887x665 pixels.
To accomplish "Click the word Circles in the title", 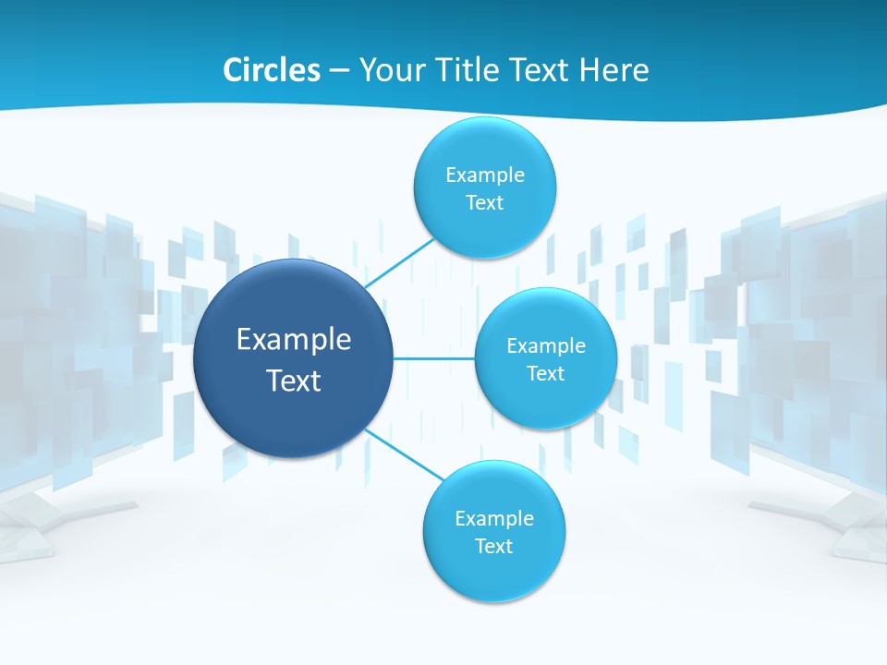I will tap(271, 70).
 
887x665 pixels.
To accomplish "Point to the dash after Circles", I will tap(339, 71).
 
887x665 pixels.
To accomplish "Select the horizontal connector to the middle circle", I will tap(434, 358).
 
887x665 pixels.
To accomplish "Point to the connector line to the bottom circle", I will tap(404, 453).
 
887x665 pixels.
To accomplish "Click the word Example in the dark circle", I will tap(294, 340).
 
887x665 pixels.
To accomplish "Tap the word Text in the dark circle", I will tap(294, 381).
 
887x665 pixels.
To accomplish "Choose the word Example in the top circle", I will tap(485, 175).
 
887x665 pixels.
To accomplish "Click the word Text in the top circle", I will tap(484, 203).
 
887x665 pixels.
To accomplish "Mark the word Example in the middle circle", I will tap(546, 346).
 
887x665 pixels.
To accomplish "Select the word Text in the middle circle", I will tap(545, 374).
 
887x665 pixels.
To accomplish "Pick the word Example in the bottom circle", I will tap(494, 519).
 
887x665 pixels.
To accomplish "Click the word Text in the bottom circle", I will tap(493, 547).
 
